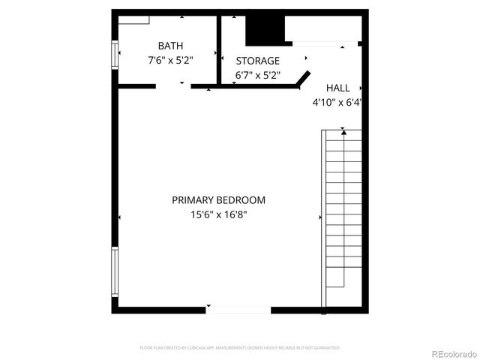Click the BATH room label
(170, 46)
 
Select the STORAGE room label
(258, 61)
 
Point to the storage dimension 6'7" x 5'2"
(258, 74)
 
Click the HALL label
(337, 88)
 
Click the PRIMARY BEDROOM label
(218, 200)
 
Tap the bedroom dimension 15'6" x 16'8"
(218, 214)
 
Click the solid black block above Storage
(266, 30)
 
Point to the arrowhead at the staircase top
(343, 132)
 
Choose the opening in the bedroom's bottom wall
(238, 309)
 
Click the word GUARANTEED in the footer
(325, 348)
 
